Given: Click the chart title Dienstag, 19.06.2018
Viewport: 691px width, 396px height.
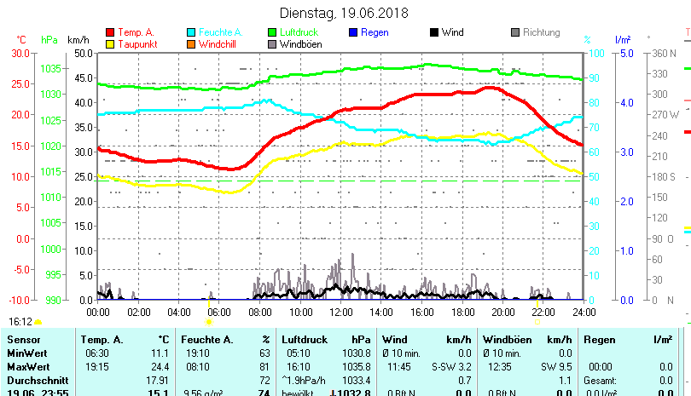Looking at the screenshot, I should pyautogui.click(x=344, y=13).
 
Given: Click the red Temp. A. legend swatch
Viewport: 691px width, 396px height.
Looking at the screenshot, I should pyautogui.click(x=110, y=32).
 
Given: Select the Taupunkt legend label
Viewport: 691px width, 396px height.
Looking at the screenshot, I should pyautogui.click(x=136, y=44).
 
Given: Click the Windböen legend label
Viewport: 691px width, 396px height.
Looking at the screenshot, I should pyautogui.click(x=300, y=44).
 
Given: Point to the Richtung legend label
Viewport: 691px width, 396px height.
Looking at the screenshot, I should pyautogui.click(x=541, y=32).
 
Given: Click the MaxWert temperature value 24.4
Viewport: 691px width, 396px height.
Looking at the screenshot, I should pyautogui.click(x=160, y=366).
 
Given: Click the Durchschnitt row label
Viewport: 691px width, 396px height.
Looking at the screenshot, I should pyautogui.click(x=33, y=379).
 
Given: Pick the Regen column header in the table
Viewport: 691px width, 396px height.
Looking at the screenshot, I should pyautogui.click(x=598, y=340).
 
